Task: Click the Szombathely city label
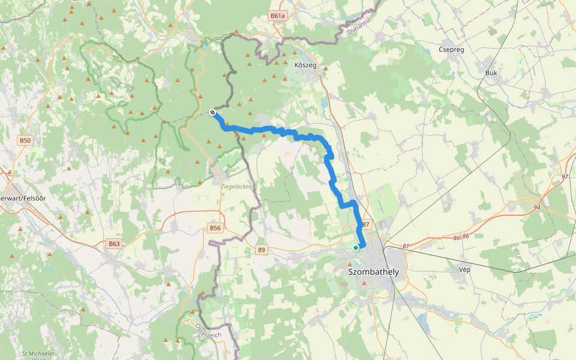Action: tap(373, 272)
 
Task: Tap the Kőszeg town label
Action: tap(305, 65)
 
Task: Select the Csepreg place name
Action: tap(451, 50)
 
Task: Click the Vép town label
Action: tap(464, 269)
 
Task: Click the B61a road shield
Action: tap(277, 16)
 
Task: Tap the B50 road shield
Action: tap(25, 140)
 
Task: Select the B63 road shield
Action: tap(114, 244)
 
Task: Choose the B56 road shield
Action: tap(215, 228)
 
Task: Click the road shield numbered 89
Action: tap(261, 250)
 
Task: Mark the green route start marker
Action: tap(356, 247)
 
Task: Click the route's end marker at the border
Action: tap(212, 112)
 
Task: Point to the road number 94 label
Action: tap(536, 208)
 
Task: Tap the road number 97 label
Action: tap(565, 177)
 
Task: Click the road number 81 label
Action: tap(406, 246)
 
